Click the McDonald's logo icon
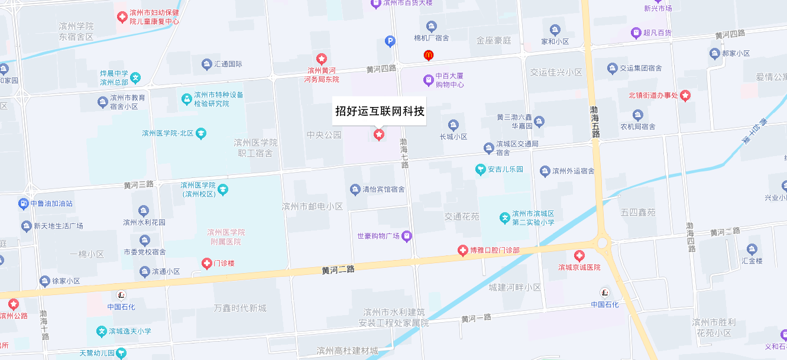click(x=429, y=55)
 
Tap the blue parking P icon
click(x=390, y=41)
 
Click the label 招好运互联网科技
click(x=379, y=111)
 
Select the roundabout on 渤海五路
click(x=603, y=242)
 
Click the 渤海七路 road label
click(x=404, y=153)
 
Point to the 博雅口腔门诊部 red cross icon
click(x=463, y=251)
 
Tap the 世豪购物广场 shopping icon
click(x=407, y=236)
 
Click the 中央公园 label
click(x=324, y=135)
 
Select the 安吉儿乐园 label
click(x=506, y=170)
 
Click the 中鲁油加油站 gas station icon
click(x=24, y=204)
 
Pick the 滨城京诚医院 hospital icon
click(x=579, y=256)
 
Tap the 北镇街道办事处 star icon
click(x=685, y=95)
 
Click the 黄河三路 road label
click(x=138, y=184)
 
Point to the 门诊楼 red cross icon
click(x=207, y=263)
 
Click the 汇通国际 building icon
click(x=206, y=64)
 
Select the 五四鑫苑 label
click(x=638, y=212)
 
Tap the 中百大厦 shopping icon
click(x=428, y=79)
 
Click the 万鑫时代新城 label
click(x=240, y=308)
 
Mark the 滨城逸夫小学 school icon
click(x=101, y=331)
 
